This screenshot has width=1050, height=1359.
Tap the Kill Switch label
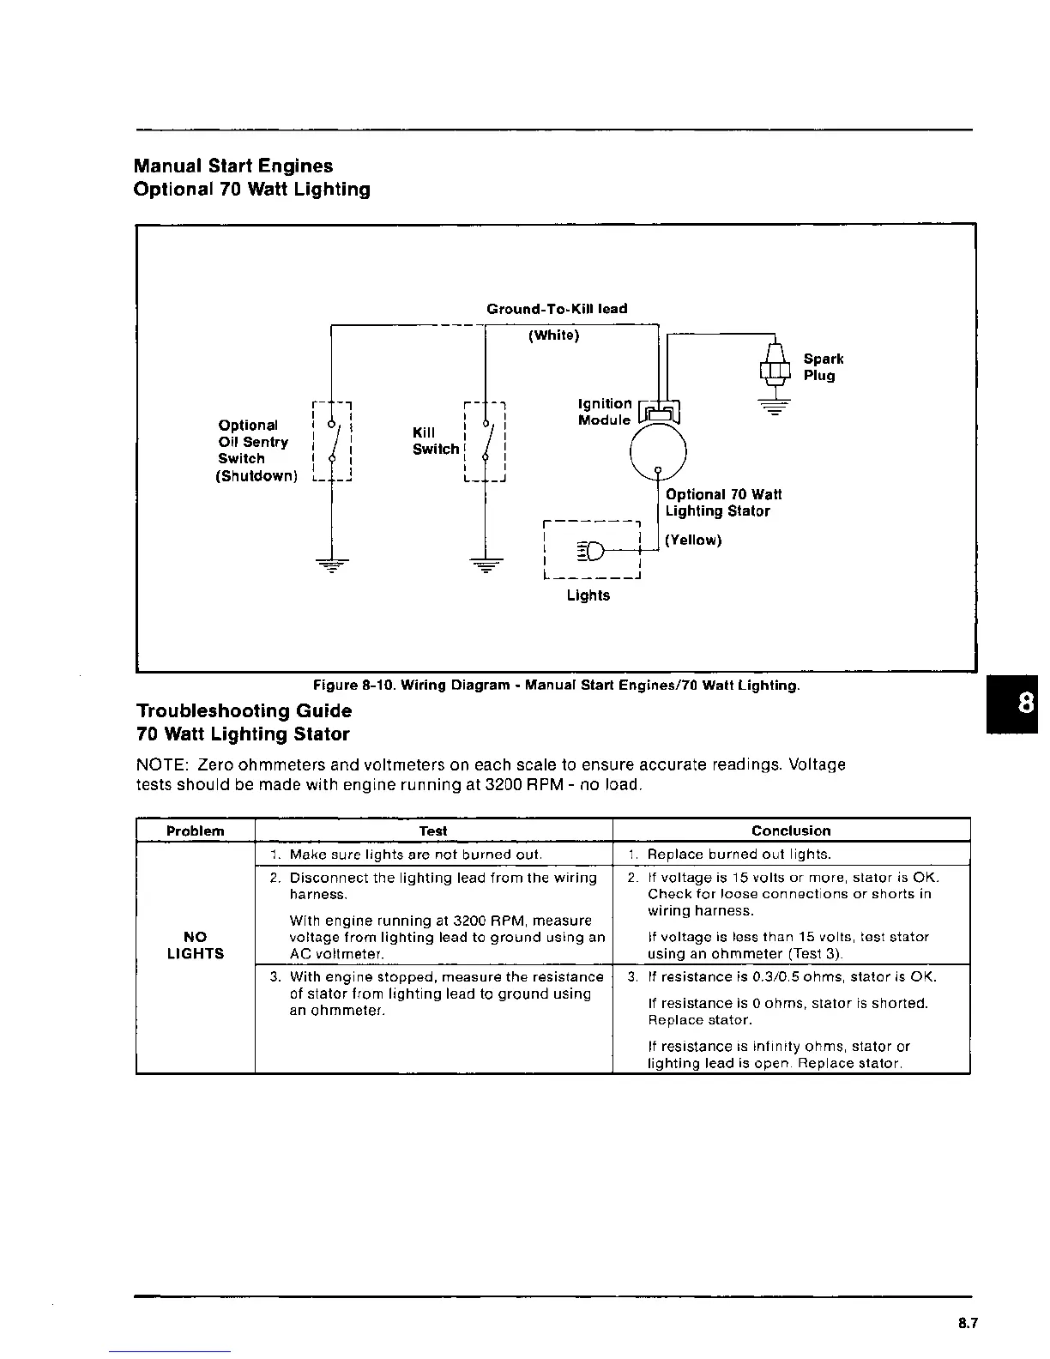click(x=435, y=441)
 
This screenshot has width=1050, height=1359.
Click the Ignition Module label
click(x=604, y=412)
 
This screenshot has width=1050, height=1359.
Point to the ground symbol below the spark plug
click(x=775, y=407)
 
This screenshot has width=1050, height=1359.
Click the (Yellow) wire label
click(x=693, y=541)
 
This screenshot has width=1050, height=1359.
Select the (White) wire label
click(x=553, y=335)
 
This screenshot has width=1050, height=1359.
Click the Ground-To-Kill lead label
click(x=557, y=309)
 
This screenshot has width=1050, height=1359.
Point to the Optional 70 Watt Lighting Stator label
click(x=722, y=503)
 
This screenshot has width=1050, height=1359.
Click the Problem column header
click(x=195, y=830)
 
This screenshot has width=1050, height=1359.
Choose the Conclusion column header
click(x=791, y=830)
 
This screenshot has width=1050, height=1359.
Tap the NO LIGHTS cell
click(x=196, y=945)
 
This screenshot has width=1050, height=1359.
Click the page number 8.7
click(x=968, y=1324)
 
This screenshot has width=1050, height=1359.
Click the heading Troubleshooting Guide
click(x=244, y=711)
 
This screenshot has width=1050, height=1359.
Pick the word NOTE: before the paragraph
click(x=163, y=764)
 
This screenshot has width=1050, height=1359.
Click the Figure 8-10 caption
click(x=556, y=686)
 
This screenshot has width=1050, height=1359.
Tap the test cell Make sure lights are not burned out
click(x=415, y=855)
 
